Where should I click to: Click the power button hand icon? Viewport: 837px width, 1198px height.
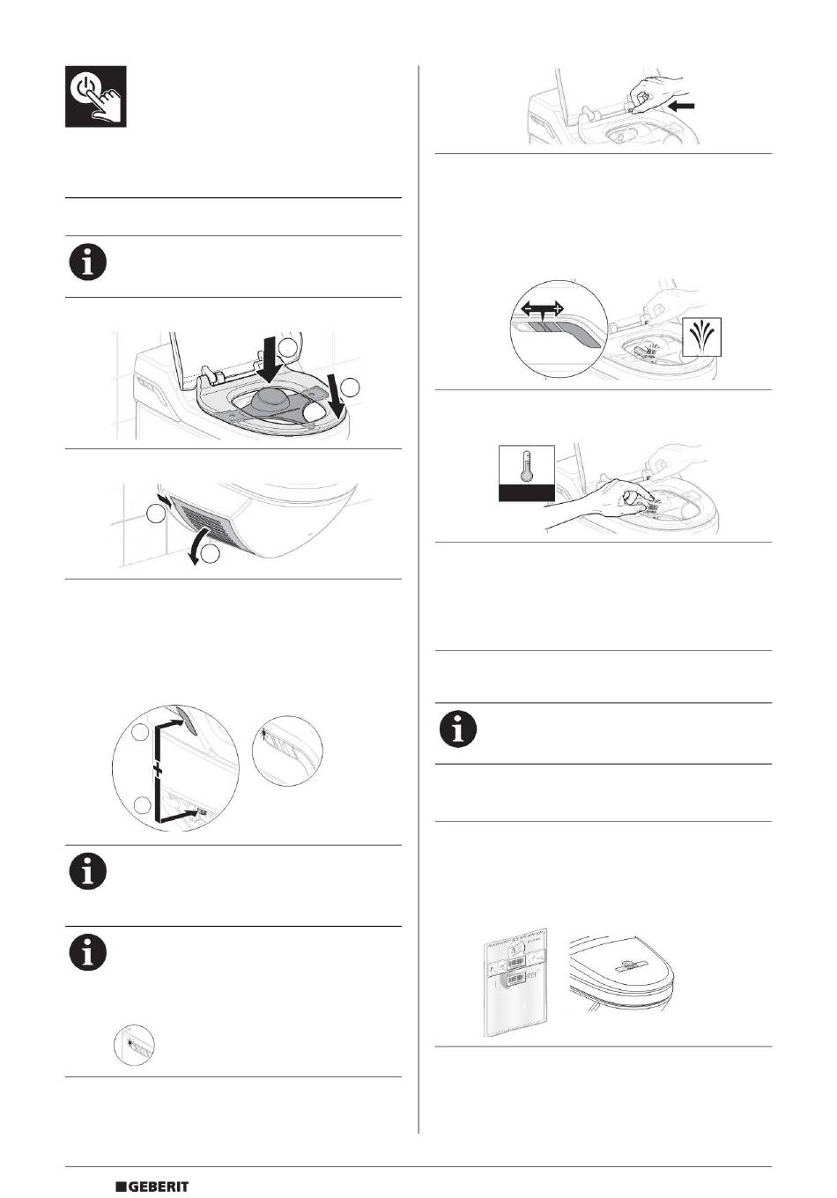pyautogui.click(x=96, y=96)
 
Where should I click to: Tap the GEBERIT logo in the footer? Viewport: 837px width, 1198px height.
pyautogui.click(x=152, y=1187)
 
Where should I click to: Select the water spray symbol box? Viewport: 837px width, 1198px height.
pyautogui.click(x=702, y=336)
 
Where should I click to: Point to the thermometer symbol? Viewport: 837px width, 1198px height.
pyautogui.click(x=527, y=465)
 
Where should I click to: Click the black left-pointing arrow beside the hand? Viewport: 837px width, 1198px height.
pyautogui.click(x=682, y=106)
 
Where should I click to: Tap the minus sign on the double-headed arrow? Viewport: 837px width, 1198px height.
pyautogui.click(x=528, y=308)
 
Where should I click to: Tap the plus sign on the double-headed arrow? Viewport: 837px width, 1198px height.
pyautogui.click(x=558, y=308)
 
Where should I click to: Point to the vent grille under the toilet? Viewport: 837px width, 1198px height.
pyautogui.click(x=204, y=516)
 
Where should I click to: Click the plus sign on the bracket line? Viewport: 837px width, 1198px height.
pyautogui.click(x=157, y=771)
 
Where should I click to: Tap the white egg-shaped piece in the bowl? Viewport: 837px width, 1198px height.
pyautogui.click(x=314, y=411)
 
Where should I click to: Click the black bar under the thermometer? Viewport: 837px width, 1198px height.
pyautogui.click(x=526, y=493)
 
